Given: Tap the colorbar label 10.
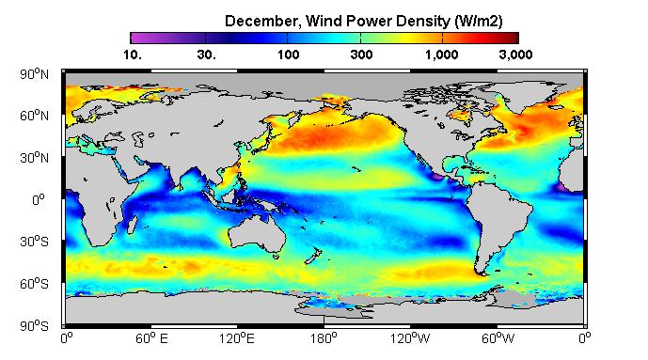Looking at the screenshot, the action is pos(133,55).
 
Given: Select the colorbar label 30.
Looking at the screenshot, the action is pos(206,55).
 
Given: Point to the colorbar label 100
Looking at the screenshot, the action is pos(288,55).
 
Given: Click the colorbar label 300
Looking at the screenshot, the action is pos(361,55).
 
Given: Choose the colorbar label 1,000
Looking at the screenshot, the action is pos(442,55).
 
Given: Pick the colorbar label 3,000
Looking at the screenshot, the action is pos(515,55).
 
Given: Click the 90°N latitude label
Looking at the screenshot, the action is pos(34,74).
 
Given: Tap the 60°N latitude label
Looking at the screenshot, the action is pos(34,116).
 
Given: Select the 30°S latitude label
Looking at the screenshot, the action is pos(34,242).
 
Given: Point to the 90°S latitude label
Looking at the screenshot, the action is pos(34,326).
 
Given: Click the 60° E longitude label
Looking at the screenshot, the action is pos(151,338).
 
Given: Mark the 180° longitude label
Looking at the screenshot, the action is pos(324,338).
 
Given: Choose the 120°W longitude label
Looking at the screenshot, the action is pos(410,338).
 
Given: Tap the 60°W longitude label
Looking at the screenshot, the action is pos(498,338).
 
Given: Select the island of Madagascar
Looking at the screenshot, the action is pos(132,223).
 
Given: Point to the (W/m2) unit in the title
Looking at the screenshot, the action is pos(479,21).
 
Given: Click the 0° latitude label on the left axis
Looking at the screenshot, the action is pos(39,200).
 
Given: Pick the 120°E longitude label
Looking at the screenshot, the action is pos(236,338).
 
